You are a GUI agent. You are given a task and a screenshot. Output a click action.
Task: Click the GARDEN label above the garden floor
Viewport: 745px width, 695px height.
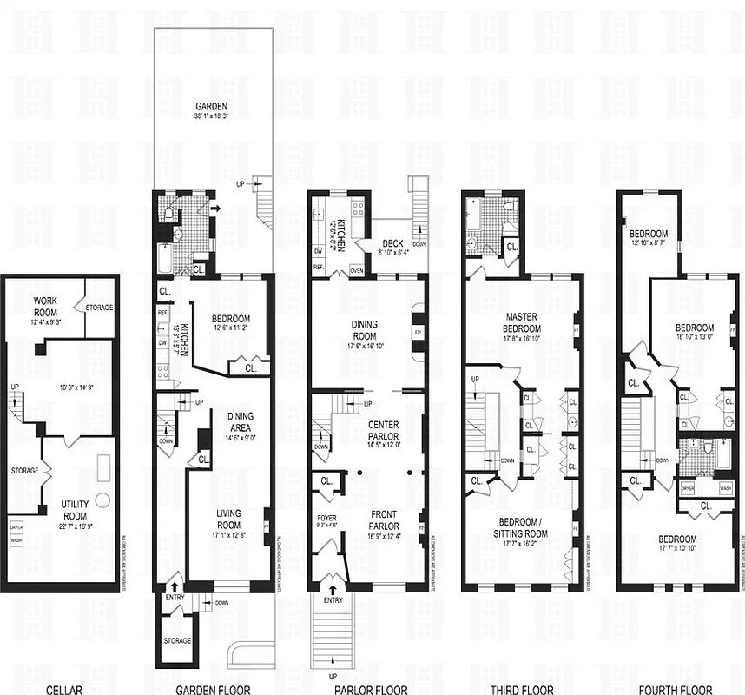pyautogui.click(x=212, y=107)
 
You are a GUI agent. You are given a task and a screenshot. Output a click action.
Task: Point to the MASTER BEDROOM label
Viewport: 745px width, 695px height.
pyautogui.click(x=522, y=322)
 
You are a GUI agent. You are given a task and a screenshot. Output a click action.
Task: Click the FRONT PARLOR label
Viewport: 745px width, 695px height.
pyautogui.click(x=383, y=520)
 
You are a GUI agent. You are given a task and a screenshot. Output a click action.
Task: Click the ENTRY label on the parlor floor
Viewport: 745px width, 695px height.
pyautogui.click(x=333, y=600)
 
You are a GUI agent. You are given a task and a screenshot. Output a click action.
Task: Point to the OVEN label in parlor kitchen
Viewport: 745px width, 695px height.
pyautogui.click(x=356, y=270)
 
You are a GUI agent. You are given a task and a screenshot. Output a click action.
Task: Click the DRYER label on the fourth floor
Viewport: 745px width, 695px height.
pyautogui.click(x=687, y=488)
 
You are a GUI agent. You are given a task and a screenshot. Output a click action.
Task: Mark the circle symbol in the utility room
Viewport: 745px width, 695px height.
pyautogui.click(x=102, y=500)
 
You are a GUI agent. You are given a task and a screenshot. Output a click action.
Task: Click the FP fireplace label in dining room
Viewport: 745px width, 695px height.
pyautogui.click(x=416, y=332)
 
